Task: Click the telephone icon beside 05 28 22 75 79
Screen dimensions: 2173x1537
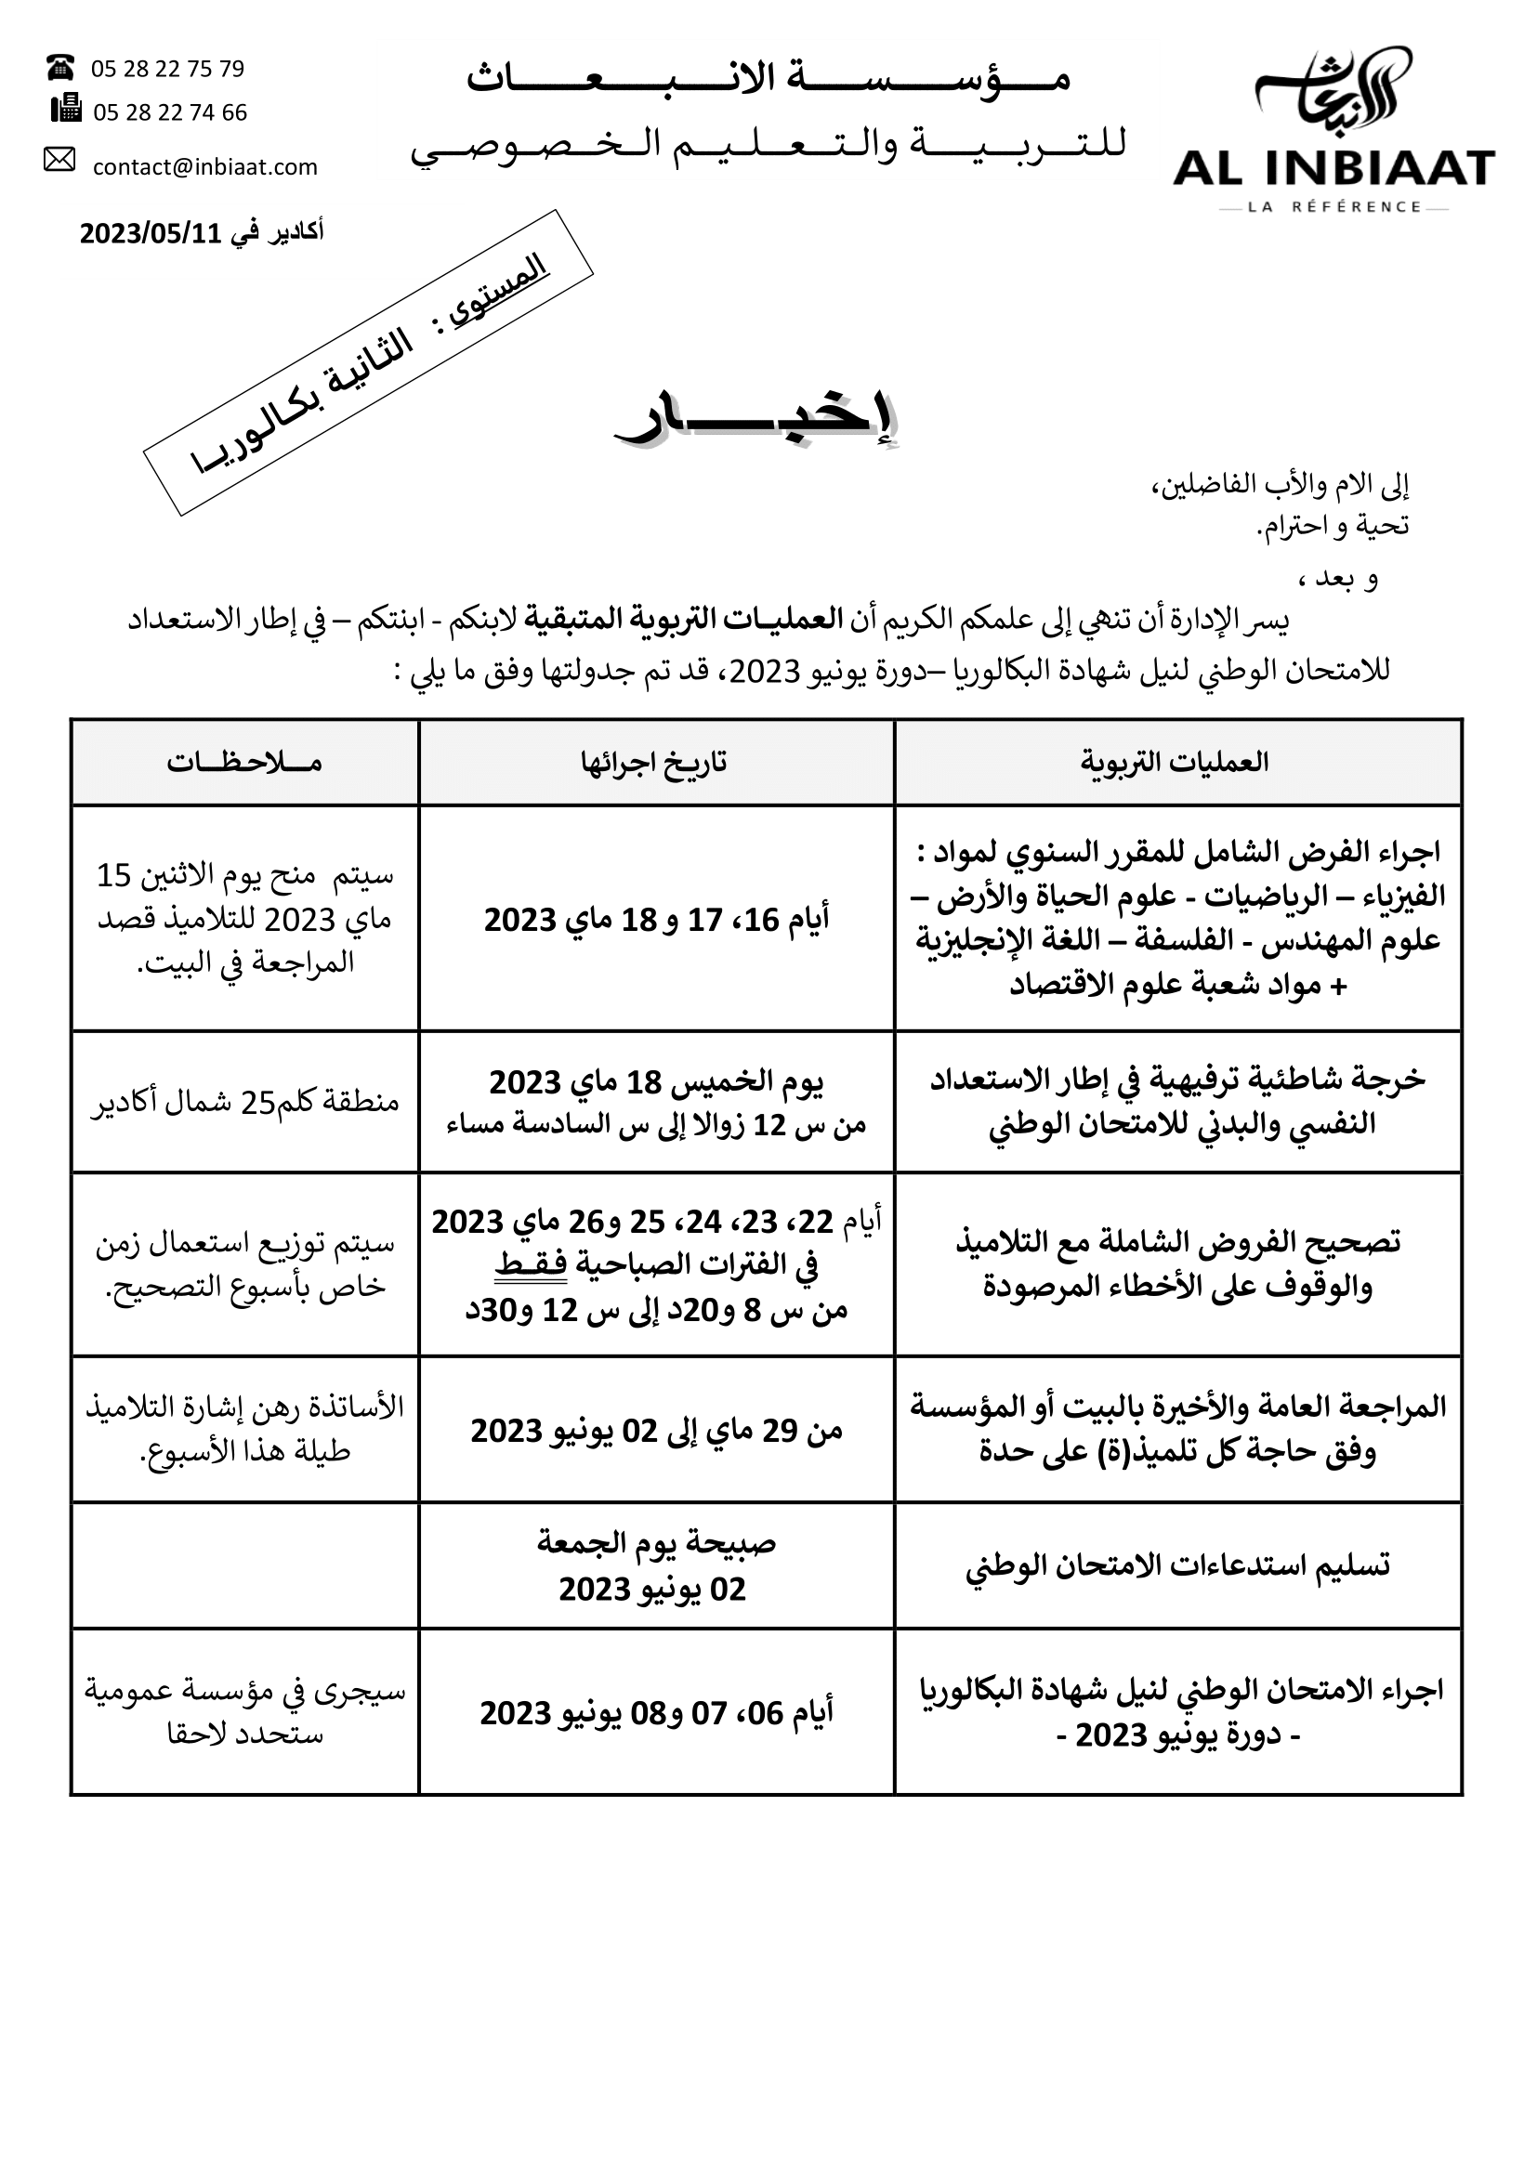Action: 59,67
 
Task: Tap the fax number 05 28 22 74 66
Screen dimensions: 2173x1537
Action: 169,112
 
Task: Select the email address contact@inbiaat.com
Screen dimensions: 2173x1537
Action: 204,167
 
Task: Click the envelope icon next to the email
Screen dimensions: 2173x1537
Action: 59,159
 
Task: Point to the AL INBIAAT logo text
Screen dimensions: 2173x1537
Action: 1333,169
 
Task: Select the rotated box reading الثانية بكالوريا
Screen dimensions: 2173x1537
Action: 368,362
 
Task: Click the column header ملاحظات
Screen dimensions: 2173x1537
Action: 244,762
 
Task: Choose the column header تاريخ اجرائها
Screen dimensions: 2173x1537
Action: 655,762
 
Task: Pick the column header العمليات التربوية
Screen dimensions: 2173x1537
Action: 1176,762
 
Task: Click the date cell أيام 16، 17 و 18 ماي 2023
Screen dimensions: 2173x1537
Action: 656,919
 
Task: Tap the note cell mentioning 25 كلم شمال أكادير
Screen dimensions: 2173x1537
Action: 244,1102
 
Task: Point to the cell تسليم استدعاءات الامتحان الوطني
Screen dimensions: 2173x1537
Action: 1177,1565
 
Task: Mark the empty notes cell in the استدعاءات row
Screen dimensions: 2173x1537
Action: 244,1565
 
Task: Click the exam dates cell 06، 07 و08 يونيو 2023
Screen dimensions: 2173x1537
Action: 656,1712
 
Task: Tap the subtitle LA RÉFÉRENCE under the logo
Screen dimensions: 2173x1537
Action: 1333,207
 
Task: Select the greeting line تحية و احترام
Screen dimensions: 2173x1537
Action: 1333,525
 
